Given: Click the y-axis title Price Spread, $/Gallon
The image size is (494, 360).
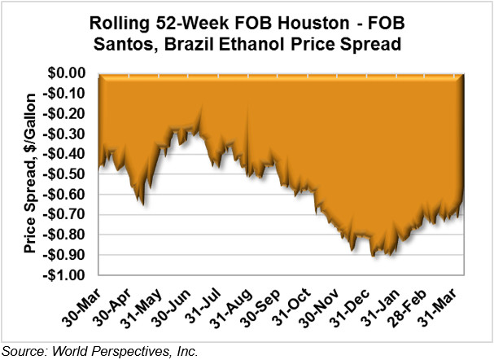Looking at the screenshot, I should pos(30,173).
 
